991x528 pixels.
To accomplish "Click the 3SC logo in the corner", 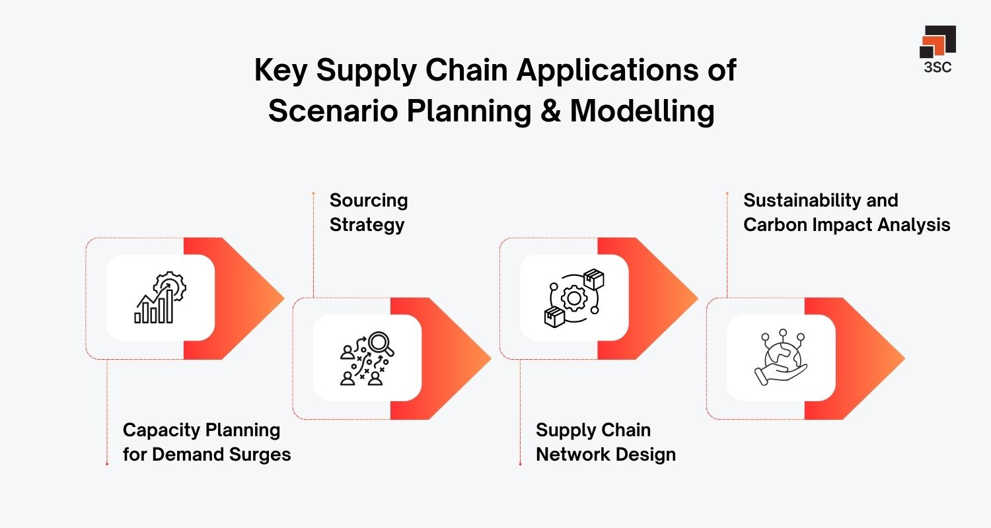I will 937,49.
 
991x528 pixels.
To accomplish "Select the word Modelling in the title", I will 642,111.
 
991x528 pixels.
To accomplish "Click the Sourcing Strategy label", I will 368,213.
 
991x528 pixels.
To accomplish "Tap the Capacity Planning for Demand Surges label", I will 206,442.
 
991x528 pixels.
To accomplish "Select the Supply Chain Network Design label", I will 605,442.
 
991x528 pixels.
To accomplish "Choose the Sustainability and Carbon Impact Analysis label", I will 846,213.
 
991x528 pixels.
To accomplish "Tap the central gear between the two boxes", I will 574,298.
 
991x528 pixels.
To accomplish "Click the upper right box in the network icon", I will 594,279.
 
